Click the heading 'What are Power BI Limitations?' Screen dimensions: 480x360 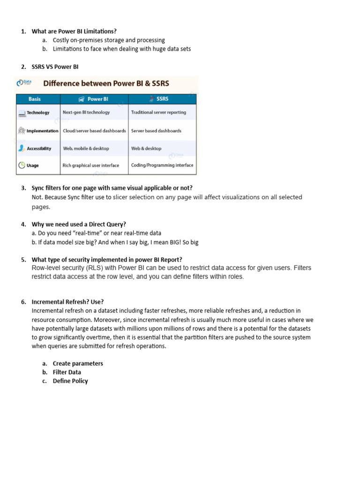pyautogui.click(x=74, y=31)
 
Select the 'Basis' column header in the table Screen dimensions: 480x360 pyautogui.click(x=35, y=99)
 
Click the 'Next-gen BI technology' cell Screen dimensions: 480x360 pyautogui.click(x=86, y=112)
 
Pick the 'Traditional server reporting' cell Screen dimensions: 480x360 pyautogui.click(x=158, y=112)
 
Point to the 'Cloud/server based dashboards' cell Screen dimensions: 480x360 pyautogui.click(x=94, y=131)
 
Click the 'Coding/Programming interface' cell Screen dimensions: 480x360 pyautogui.click(x=162, y=165)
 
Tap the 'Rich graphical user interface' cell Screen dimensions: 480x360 pyautogui.click(x=91, y=165)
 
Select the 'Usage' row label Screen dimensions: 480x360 pyautogui.click(x=33, y=165)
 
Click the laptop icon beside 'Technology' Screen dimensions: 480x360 pyautogui.click(x=22, y=113)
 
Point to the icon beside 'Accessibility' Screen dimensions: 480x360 pyautogui.click(x=22, y=148)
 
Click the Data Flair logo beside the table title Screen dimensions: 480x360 pyautogui.click(x=24, y=83)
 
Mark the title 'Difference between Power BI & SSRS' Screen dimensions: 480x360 pyautogui.click(x=106, y=83)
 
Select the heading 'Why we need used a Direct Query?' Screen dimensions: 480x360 pyautogui.click(x=79, y=224)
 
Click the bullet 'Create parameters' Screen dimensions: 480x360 pyautogui.click(x=78, y=363)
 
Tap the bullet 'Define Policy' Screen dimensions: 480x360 pyautogui.click(x=70, y=381)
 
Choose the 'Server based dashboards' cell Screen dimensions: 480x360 pyautogui.click(x=156, y=131)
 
